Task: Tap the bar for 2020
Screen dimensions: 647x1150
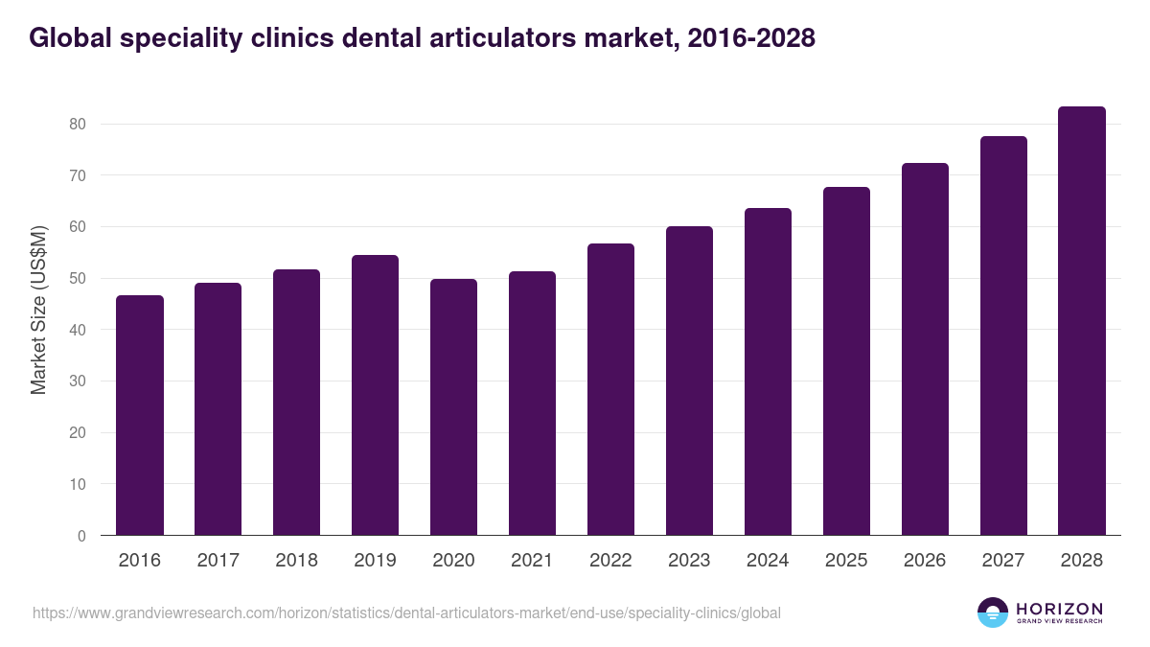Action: (453, 407)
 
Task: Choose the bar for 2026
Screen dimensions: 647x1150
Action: (925, 349)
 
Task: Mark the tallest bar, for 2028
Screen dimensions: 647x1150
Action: (1082, 321)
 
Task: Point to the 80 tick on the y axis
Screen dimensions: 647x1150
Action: (78, 125)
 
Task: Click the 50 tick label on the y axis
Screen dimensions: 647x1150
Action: (78, 279)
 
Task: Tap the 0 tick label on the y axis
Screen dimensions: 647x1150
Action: (81, 536)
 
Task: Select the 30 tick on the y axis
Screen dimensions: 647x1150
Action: (78, 381)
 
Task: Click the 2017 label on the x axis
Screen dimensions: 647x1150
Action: (218, 561)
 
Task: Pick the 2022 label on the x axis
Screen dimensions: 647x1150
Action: (610, 561)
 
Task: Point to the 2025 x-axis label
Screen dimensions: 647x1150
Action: (846, 561)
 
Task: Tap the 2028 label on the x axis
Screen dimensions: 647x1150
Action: (1082, 561)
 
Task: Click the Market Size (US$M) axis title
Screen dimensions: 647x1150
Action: (38, 310)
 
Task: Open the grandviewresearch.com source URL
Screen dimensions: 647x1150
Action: (407, 612)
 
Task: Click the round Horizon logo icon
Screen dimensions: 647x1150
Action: (993, 612)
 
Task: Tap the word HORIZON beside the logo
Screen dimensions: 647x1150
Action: (1059, 609)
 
